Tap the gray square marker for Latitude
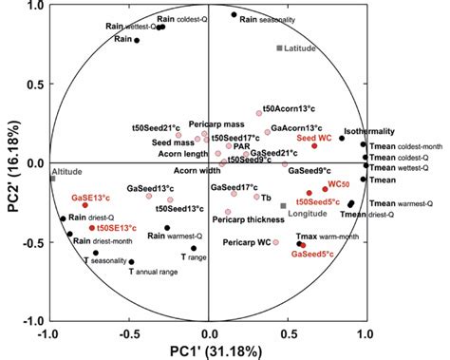coord(279,47)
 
